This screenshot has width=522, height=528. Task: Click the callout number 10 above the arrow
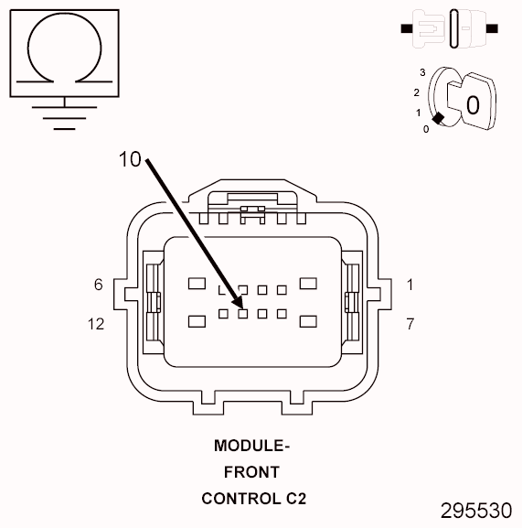[x=131, y=158]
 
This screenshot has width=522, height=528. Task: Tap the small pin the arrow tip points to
[x=243, y=313]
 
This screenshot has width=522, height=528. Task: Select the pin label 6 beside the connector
[x=98, y=285]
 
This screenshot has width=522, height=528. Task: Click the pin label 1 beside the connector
[x=410, y=285]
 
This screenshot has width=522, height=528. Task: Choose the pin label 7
[x=410, y=324]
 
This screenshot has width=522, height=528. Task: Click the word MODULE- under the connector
[x=251, y=447]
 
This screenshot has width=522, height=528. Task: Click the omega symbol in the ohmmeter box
[x=63, y=50]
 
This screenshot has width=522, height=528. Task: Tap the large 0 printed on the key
[x=473, y=103]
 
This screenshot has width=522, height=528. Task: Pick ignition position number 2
[x=416, y=92]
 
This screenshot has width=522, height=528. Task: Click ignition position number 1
[x=419, y=113]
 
